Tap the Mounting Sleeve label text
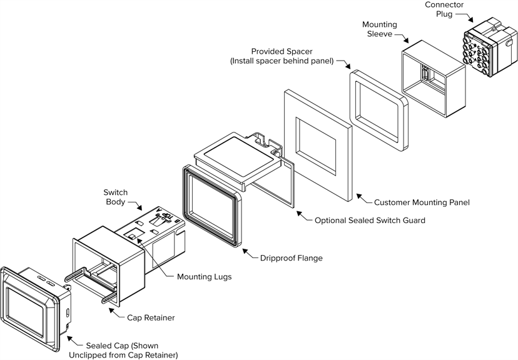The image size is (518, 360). coord(379,29)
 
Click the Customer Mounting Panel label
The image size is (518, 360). coord(422,202)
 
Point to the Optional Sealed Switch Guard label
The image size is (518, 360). coord(370,221)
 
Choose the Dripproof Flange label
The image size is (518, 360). coord(291,257)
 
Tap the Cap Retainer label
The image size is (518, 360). coord(151,318)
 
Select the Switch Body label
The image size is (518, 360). coord(115,197)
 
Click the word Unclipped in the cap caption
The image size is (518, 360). coord(88,356)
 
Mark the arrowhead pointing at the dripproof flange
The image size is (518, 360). coord(245,254)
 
